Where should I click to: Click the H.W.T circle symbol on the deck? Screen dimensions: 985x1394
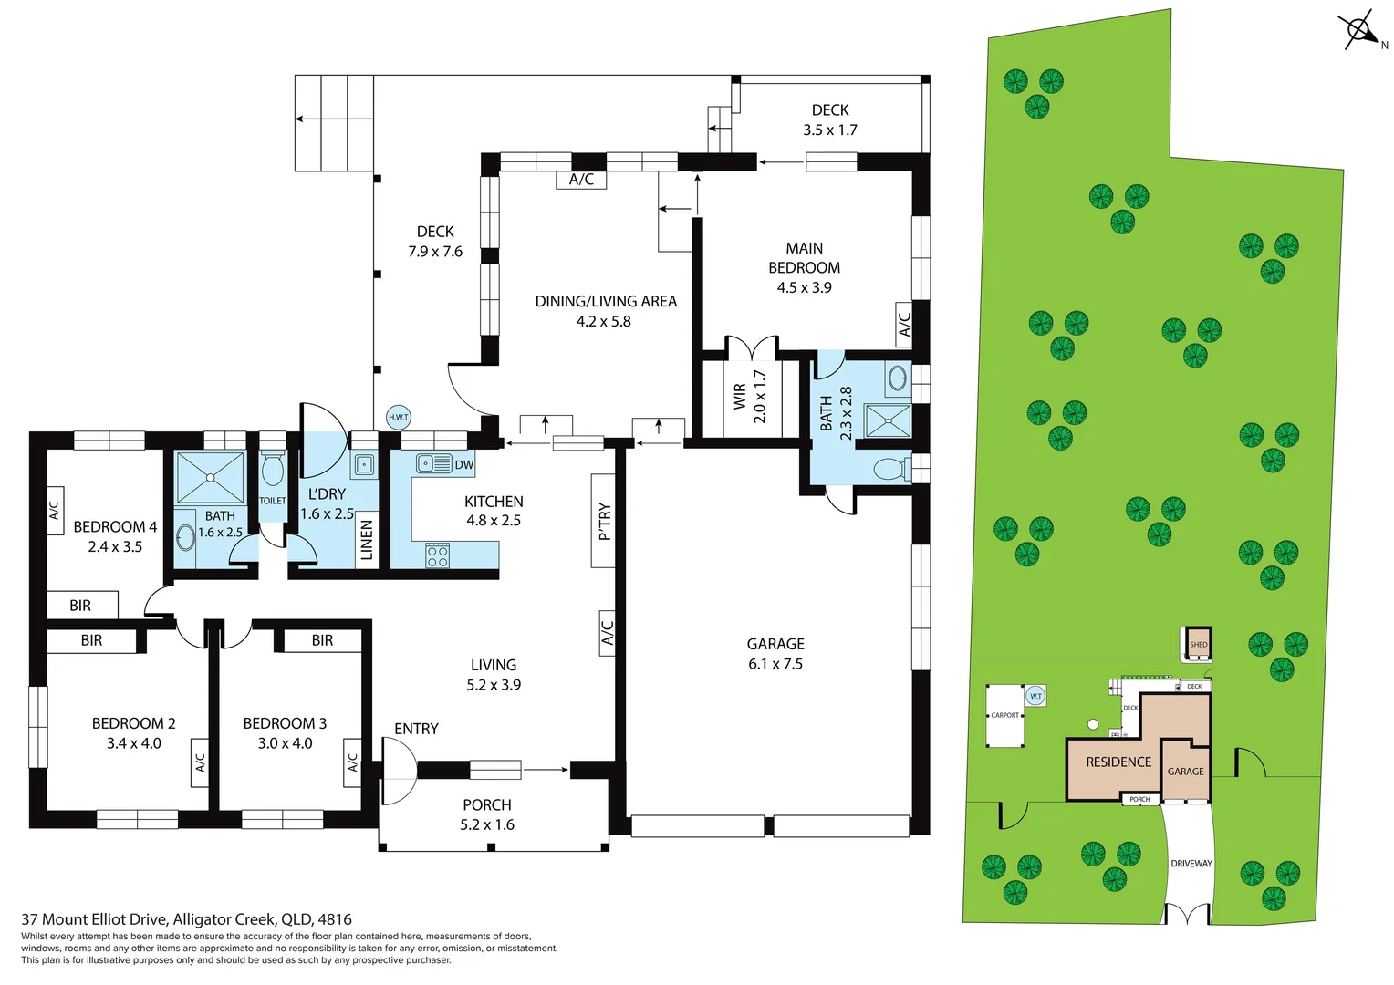(x=399, y=417)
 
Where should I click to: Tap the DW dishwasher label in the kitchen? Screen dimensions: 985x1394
(x=464, y=464)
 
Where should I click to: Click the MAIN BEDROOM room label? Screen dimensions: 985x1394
(x=804, y=258)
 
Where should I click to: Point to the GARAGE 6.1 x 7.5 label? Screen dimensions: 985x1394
(x=775, y=654)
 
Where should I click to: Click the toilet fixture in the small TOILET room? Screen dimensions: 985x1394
(x=272, y=471)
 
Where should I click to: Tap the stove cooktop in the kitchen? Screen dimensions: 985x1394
(x=438, y=555)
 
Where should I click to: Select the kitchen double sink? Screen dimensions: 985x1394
(x=433, y=463)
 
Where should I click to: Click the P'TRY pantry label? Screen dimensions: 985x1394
(x=604, y=521)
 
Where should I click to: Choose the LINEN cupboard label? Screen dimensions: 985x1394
(x=367, y=540)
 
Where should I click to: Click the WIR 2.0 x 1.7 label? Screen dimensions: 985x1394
(x=749, y=396)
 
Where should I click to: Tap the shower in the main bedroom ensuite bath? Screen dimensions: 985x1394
(x=888, y=420)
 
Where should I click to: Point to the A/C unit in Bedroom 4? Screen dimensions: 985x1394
(x=55, y=504)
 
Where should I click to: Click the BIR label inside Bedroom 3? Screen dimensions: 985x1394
(x=322, y=640)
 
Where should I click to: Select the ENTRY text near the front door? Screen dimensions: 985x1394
(x=416, y=729)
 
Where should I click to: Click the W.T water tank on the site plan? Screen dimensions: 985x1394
(x=1035, y=696)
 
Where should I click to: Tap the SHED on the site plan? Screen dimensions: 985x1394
(x=1198, y=643)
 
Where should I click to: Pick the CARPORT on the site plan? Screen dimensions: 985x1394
(x=1004, y=716)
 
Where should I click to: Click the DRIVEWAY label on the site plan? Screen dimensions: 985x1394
(x=1191, y=863)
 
